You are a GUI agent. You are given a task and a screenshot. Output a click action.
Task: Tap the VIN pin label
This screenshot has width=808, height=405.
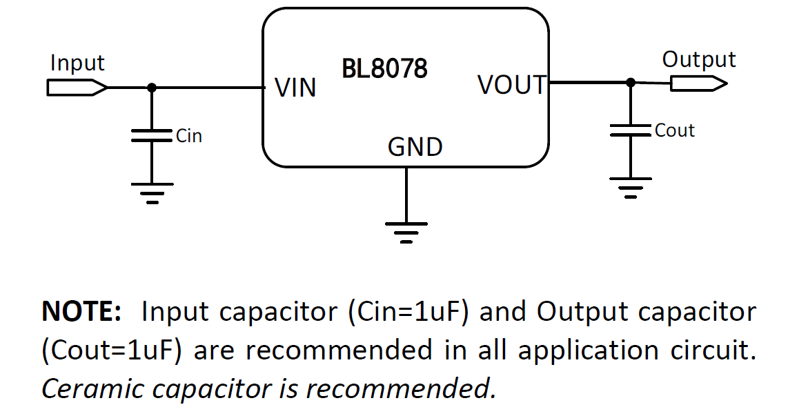(295, 88)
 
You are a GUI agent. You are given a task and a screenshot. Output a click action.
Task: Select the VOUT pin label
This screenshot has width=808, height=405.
(511, 85)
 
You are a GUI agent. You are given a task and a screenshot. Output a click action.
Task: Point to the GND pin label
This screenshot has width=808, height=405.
(415, 147)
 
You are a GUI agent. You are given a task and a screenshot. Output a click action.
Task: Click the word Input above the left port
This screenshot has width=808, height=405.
(77, 63)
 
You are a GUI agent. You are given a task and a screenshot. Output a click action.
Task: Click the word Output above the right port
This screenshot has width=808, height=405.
(698, 60)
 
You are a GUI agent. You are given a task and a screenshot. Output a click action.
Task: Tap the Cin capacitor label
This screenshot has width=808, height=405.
(189, 136)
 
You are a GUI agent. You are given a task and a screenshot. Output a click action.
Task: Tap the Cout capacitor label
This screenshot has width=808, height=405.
(674, 130)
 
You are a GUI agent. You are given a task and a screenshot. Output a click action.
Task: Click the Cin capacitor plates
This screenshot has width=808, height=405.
(152, 135)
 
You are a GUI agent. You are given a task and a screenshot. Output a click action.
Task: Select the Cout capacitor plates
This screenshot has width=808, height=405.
(630, 130)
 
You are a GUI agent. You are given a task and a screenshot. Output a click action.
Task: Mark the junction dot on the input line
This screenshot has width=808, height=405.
(152, 88)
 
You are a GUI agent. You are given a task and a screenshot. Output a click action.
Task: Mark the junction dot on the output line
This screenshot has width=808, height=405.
(630, 82)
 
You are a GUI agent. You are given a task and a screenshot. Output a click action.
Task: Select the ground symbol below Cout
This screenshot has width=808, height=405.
(630, 187)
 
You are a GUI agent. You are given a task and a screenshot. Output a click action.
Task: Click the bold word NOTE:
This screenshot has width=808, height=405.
(81, 313)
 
